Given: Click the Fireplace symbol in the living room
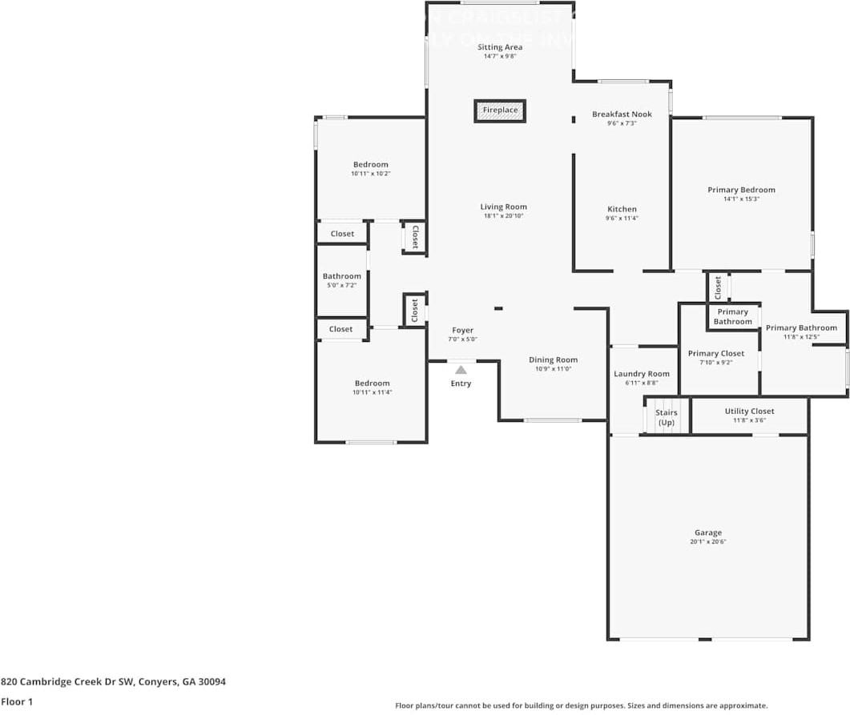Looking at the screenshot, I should [x=500, y=110].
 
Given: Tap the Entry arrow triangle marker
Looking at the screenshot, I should [x=461, y=370].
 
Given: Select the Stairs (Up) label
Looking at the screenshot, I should [x=666, y=417].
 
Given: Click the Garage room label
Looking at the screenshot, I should [x=707, y=532].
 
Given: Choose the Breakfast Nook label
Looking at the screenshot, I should [x=622, y=114].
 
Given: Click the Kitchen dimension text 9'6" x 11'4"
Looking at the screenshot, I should [x=622, y=219].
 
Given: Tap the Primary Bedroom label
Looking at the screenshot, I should [x=741, y=190].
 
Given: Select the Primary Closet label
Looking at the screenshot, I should [x=715, y=353].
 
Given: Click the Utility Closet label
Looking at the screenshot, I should [x=749, y=411].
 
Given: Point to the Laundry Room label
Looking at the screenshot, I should [x=641, y=374].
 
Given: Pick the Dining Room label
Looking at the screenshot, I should [x=553, y=360].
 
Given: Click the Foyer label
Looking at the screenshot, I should [x=462, y=330].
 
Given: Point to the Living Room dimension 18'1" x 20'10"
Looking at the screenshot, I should [x=503, y=216].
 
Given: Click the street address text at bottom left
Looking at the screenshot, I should [x=113, y=681].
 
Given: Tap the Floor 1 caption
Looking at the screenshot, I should [x=16, y=701].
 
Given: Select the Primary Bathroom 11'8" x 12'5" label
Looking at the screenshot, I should [x=801, y=327].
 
